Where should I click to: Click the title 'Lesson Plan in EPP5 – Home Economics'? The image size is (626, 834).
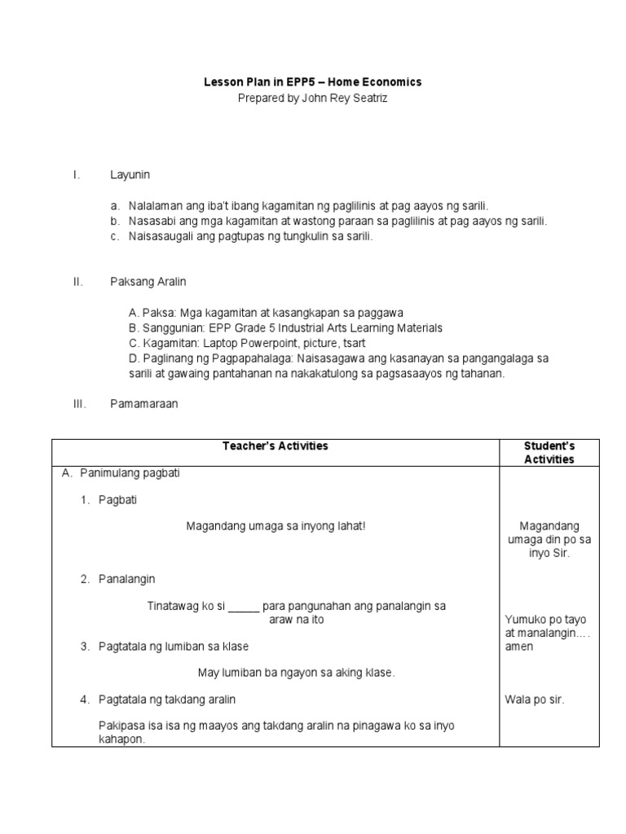[x=312, y=82]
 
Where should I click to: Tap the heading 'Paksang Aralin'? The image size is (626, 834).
[x=148, y=282]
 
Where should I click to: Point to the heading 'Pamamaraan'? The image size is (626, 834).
[x=143, y=404]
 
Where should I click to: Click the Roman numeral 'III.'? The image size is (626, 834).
[x=79, y=404]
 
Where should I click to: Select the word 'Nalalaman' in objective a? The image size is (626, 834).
[x=155, y=206]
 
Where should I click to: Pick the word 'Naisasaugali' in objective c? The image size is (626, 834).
[x=158, y=236]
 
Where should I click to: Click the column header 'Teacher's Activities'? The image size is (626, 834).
[x=276, y=446]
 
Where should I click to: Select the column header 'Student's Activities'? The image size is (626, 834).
[x=549, y=453]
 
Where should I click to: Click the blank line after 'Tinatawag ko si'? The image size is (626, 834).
[x=243, y=607]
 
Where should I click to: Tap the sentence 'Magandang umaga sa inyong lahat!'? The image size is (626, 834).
[x=276, y=526]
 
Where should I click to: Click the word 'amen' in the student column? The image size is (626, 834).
[x=520, y=647]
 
